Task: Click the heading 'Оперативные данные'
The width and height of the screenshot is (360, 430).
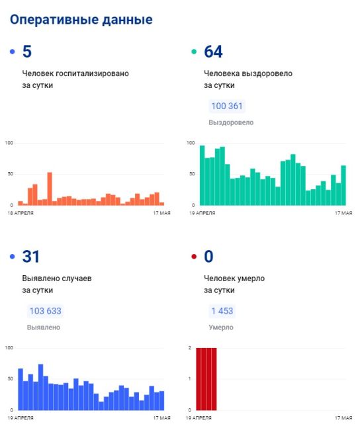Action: [x=81, y=20]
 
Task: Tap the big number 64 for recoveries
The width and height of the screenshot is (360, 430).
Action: [x=213, y=52]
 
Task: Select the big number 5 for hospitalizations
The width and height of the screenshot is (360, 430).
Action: [x=27, y=52]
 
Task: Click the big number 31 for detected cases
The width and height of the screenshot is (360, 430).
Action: [x=30, y=257]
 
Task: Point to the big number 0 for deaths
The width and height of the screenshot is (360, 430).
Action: [x=208, y=257]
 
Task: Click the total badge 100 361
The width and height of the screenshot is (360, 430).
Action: [x=227, y=106]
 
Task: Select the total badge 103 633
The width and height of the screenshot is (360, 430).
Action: [x=45, y=311]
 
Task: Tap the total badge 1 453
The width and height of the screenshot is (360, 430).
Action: [x=222, y=311]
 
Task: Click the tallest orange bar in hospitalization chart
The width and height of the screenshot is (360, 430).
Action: [x=50, y=189]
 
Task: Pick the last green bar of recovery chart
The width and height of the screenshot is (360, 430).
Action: [x=343, y=185]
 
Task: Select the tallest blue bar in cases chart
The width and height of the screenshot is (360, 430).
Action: [x=40, y=387]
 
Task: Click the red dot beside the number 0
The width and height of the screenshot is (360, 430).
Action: [x=194, y=257]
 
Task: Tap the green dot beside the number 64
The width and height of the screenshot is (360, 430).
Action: [x=194, y=52]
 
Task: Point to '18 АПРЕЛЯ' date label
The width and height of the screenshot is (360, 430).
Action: [x=21, y=213]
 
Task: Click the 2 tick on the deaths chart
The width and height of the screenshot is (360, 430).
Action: [x=190, y=348]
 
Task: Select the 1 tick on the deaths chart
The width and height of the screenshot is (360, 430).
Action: [x=190, y=378]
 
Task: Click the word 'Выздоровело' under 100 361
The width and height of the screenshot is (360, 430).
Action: [x=231, y=122]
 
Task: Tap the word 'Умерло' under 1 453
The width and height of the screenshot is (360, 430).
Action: [x=221, y=327]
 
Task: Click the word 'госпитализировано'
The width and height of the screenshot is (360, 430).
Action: [x=92, y=73]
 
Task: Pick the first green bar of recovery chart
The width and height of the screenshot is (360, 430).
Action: [x=202, y=175]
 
